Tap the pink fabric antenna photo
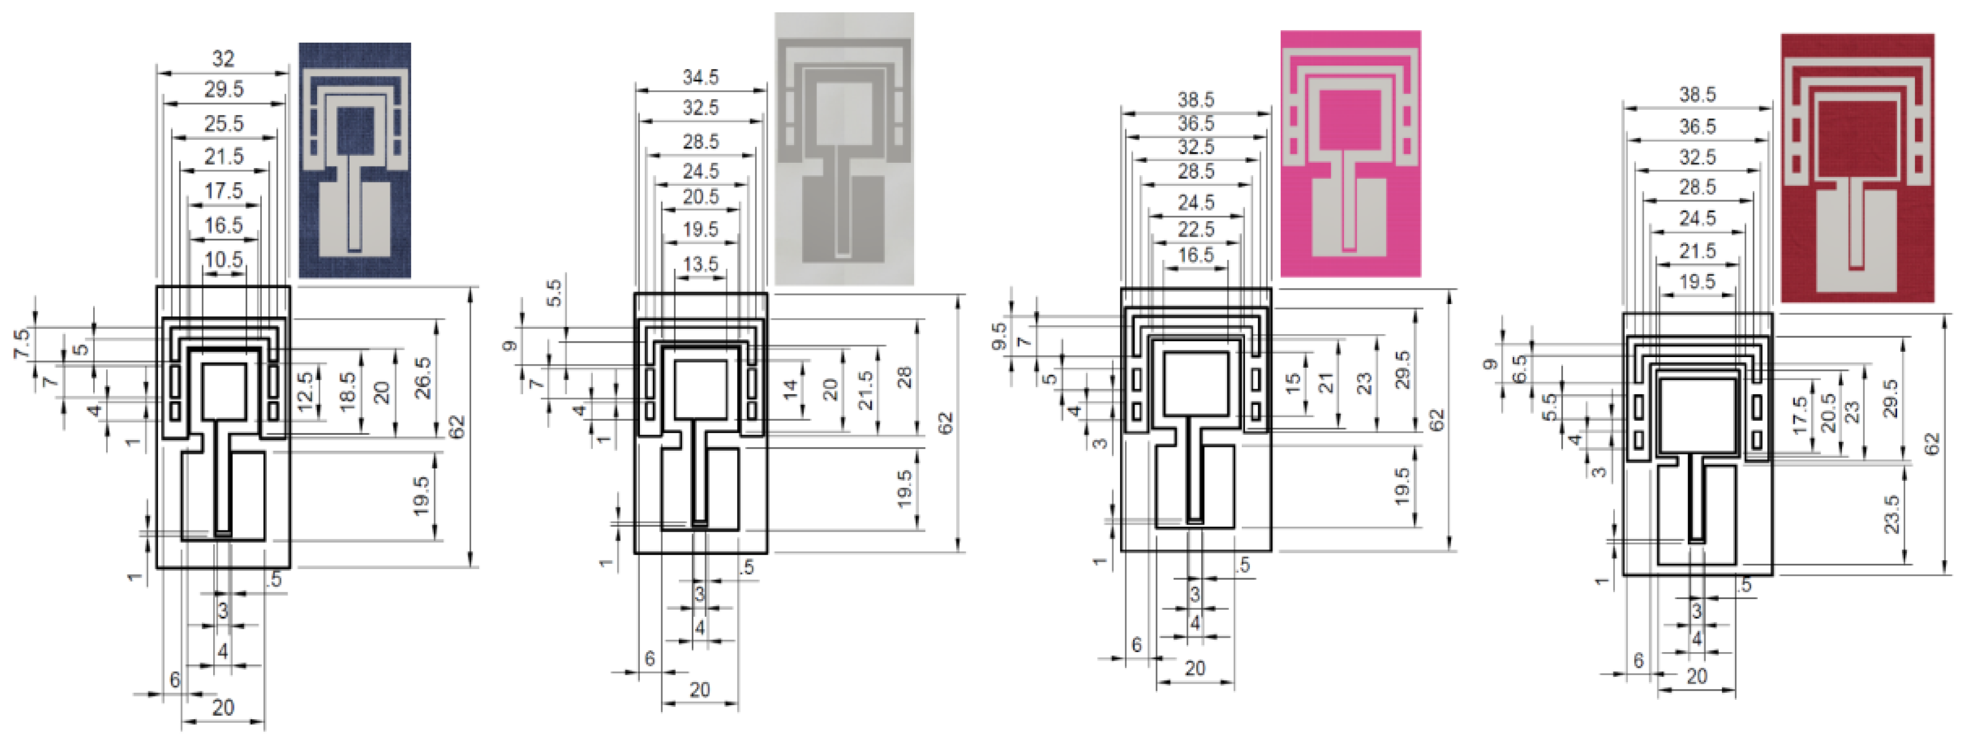[x=1350, y=153]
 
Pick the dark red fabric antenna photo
[x=1857, y=168]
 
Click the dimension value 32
[x=223, y=58]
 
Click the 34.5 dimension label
[x=700, y=77]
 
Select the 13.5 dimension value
[x=700, y=264]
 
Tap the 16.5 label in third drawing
[x=1195, y=255]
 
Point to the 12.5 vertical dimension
[x=305, y=391]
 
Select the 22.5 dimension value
[x=1195, y=229]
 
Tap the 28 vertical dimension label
[x=905, y=377]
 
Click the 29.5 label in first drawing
[x=223, y=89]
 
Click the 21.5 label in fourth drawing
[x=1697, y=251]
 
